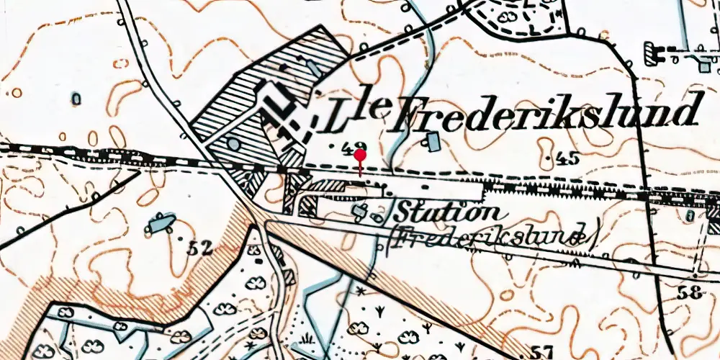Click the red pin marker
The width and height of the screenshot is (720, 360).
point(359,156)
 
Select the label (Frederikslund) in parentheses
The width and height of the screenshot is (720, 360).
point(493,238)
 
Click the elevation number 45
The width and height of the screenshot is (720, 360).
point(565,159)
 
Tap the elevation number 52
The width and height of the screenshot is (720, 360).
point(197,249)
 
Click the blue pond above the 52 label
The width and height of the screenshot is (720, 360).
point(161,223)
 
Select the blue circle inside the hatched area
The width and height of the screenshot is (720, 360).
point(233,144)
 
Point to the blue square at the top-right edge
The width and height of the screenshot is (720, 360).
point(705,67)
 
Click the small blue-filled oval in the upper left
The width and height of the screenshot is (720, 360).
point(76,97)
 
